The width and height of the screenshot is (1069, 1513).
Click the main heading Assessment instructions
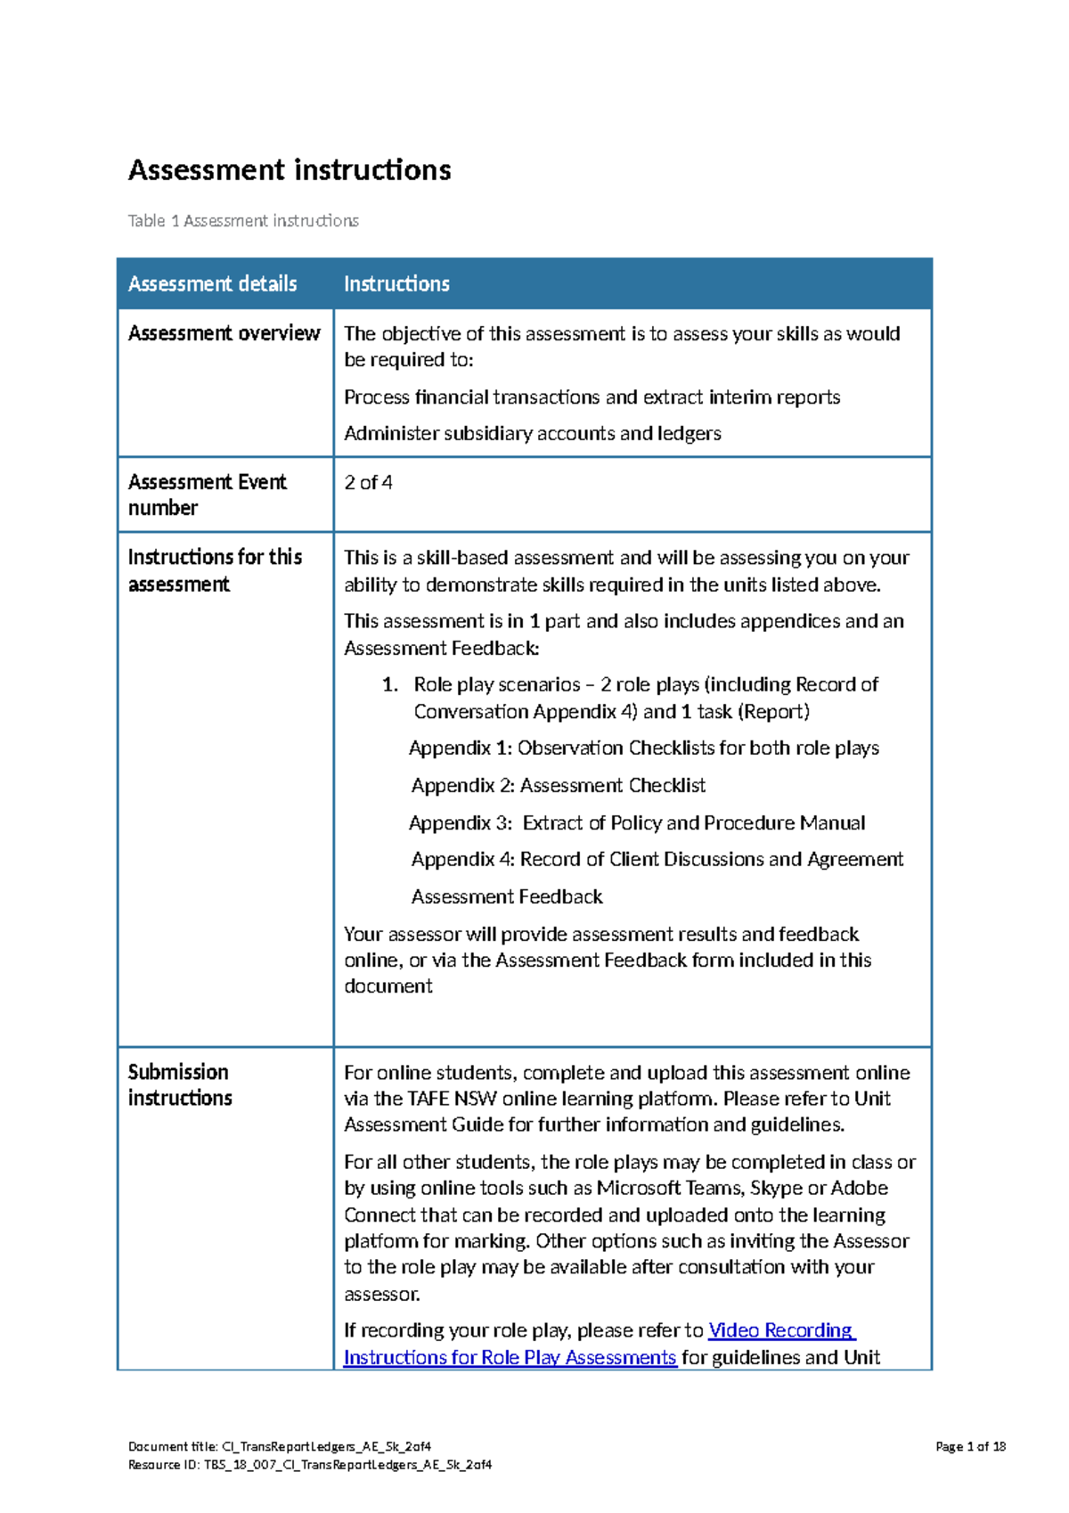pyautogui.click(x=290, y=170)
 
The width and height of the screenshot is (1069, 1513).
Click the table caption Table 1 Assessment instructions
pyautogui.click(x=243, y=221)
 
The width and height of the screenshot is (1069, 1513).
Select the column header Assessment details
pyautogui.click(x=212, y=284)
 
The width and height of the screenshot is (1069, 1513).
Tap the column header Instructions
pyautogui.click(x=396, y=284)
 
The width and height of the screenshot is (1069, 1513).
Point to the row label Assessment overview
pyautogui.click(x=224, y=333)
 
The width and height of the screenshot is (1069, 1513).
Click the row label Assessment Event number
pyautogui.click(x=207, y=495)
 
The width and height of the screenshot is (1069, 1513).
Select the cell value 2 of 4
pyautogui.click(x=368, y=483)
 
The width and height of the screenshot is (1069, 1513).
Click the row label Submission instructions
pyautogui.click(x=179, y=1084)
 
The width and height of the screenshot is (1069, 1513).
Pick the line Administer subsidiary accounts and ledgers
pyautogui.click(x=532, y=434)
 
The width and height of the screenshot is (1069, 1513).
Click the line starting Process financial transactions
pyautogui.click(x=592, y=397)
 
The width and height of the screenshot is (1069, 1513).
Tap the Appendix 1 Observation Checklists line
pyautogui.click(x=643, y=748)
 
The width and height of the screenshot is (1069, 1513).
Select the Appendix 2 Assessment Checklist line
pyautogui.click(x=558, y=786)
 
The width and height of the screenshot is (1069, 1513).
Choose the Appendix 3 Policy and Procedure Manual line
pyautogui.click(x=636, y=823)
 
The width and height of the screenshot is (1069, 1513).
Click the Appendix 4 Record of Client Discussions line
pyautogui.click(x=657, y=860)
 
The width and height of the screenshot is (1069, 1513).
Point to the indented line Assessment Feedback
pyautogui.click(x=507, y=897)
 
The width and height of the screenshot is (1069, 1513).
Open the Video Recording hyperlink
pyautogui.click(x=780, y=1331)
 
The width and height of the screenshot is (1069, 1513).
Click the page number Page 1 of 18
pyautogui.click(x=970, y=1447)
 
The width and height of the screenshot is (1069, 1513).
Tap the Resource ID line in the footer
pyautogui.click(x=309, y=1465)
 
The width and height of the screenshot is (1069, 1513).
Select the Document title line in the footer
pyautogui.click(x=279, y=1447)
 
